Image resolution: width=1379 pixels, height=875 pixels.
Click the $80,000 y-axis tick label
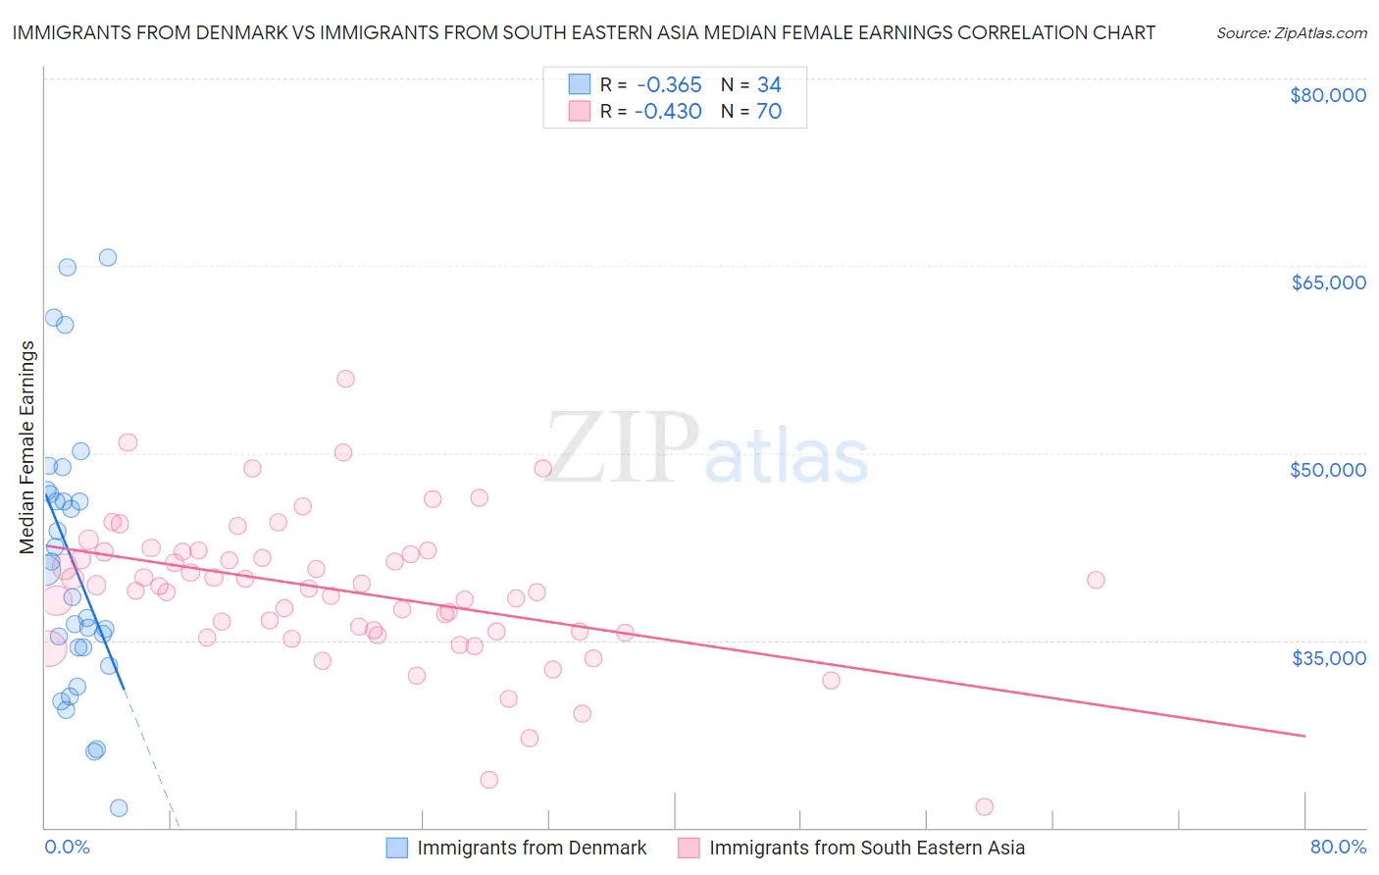[x=1328, y=95]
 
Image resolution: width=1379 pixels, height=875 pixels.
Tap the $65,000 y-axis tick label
[x=1328, y=283]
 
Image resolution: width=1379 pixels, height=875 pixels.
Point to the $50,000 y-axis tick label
[x=1328, y=470]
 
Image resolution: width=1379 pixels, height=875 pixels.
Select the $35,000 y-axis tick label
[x=1328, y=657]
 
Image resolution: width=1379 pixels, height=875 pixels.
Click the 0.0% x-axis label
[x=67, y=847]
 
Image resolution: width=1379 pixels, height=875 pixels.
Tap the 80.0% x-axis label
[x=1338, y=847]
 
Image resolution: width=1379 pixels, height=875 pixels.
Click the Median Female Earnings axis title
[x=27, y=447]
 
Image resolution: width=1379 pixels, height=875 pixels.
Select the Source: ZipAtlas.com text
[x=1291, y=32]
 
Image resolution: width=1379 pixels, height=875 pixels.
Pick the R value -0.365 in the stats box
[x=668, y=84]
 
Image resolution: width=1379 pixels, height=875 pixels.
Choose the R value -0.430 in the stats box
[x=668, y=111]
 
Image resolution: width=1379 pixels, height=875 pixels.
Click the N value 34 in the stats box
[x=769, y=84]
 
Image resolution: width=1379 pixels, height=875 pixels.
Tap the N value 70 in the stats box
[x=769, y=111]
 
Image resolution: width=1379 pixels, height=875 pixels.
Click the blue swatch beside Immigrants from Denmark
[x=396, y=848]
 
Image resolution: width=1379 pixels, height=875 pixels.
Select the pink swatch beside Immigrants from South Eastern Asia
[x=689, y=848]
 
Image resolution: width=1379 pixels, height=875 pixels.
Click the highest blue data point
[x=108, y=257]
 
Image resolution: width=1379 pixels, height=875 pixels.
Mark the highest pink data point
[x=345, y=379]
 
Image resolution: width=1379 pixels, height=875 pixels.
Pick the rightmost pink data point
[x=1096, y=580]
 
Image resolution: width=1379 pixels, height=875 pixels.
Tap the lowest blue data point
[x=119, y=808]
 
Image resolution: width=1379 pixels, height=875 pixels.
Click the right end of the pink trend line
[x=1304, y=735]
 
